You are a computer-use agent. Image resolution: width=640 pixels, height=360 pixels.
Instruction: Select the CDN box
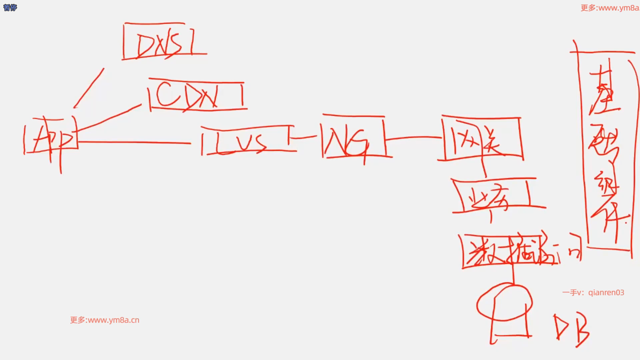[x=197, y=95]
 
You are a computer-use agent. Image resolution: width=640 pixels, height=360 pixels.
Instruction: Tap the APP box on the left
[x=52, y=137]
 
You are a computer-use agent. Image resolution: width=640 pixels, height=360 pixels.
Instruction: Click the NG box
[x=353, y=137]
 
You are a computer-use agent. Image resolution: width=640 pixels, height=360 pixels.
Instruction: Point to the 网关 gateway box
[x=482, y=138]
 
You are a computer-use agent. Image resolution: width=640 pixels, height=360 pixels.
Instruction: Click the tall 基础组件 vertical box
[x=605, y=150]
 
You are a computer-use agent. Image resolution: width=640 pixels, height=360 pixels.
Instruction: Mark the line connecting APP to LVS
[x=133, y=142]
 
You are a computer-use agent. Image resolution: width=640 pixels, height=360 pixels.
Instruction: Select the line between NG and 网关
[x=413, y=137]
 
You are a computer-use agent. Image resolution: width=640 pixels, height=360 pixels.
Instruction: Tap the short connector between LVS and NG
[x=305, y=137]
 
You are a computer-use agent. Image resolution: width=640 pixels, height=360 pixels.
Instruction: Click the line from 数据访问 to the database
[x=513, y=273]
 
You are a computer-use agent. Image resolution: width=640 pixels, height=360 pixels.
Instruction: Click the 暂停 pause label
[x=10, y=7]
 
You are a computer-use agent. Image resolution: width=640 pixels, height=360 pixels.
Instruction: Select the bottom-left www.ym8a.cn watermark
[x=105, y=320]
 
